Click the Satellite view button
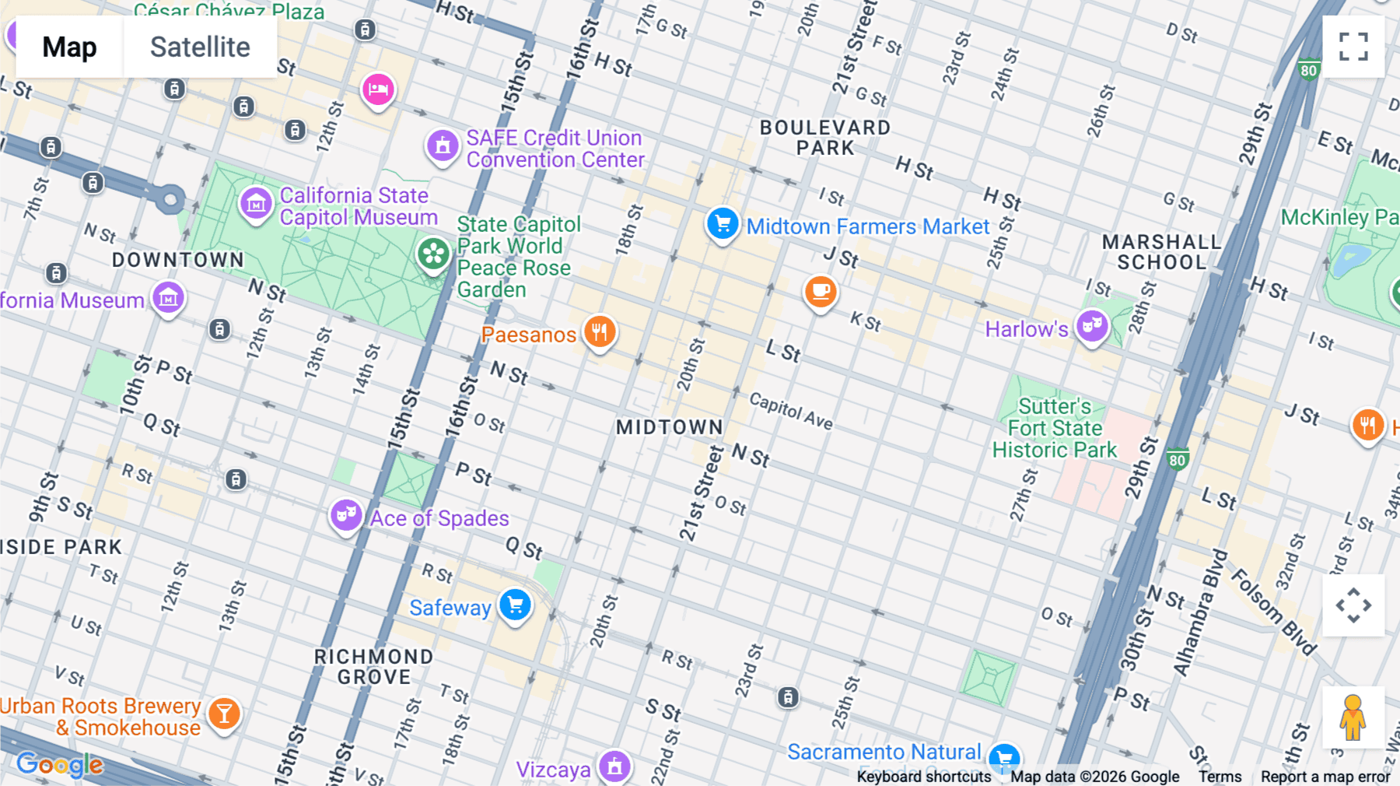200,47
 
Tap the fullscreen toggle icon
1353,47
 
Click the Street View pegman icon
1353,717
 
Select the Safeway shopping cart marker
515,605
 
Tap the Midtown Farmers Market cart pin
723,224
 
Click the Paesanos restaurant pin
599,332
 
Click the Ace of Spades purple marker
346,515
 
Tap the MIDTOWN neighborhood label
669,427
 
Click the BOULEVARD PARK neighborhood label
825,138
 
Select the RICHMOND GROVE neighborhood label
374,667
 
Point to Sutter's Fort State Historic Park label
1055,429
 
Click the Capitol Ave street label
791,411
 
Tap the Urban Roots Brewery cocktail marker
224,713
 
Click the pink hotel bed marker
378,89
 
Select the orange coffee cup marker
820,292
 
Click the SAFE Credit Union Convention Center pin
443,146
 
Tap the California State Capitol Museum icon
256,204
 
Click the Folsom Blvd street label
1273,612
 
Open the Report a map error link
1325,777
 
